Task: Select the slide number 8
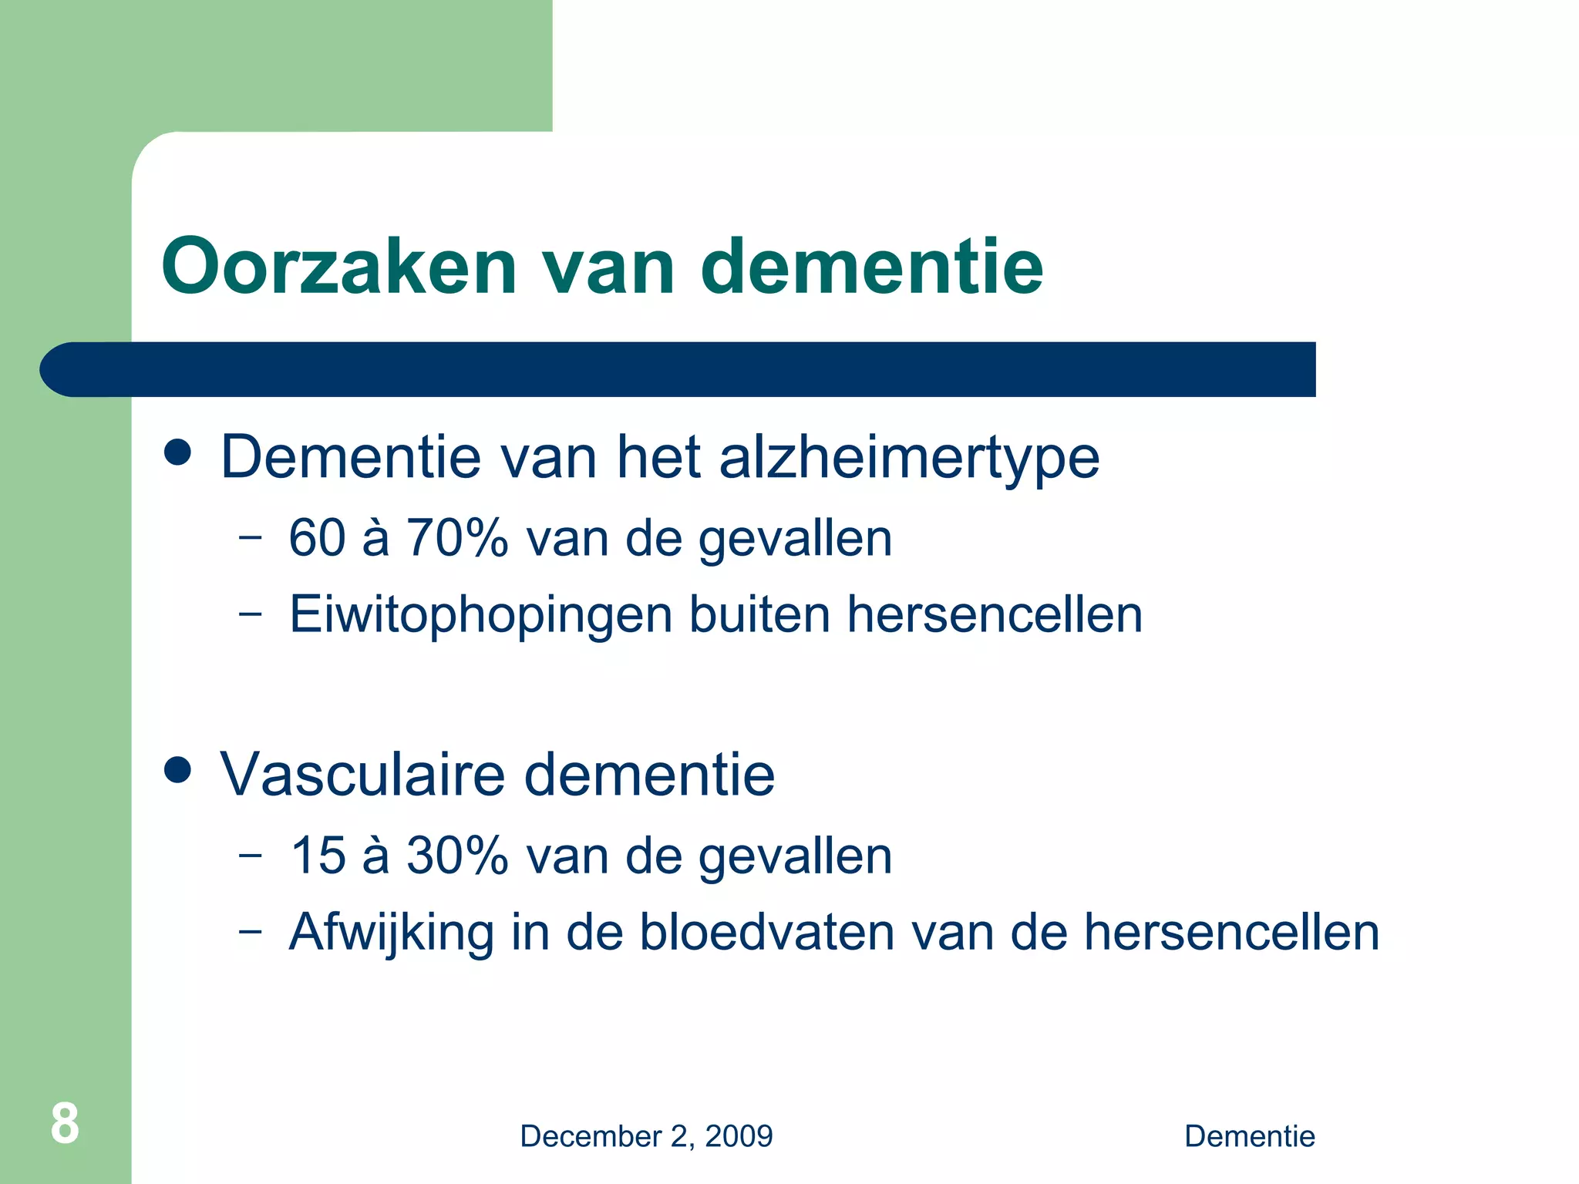(x=65, y=1124)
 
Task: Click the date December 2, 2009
(x=646, y=1136)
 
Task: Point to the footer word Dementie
(x=1249, y=1136)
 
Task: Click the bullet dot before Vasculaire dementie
(x=178, y=769)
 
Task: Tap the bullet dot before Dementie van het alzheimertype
(x=178, y=452)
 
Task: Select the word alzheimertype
(x=909, y=458)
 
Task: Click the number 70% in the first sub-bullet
(x=457, y=537)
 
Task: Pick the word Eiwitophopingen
(x=481, y=615)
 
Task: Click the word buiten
(x=759, y=614)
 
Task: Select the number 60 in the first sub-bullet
(x=317, y=537)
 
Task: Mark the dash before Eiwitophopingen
(x=250, y=614)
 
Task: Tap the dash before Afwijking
(x=250, y=931)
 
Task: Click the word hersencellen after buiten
(x=995, y=614)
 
